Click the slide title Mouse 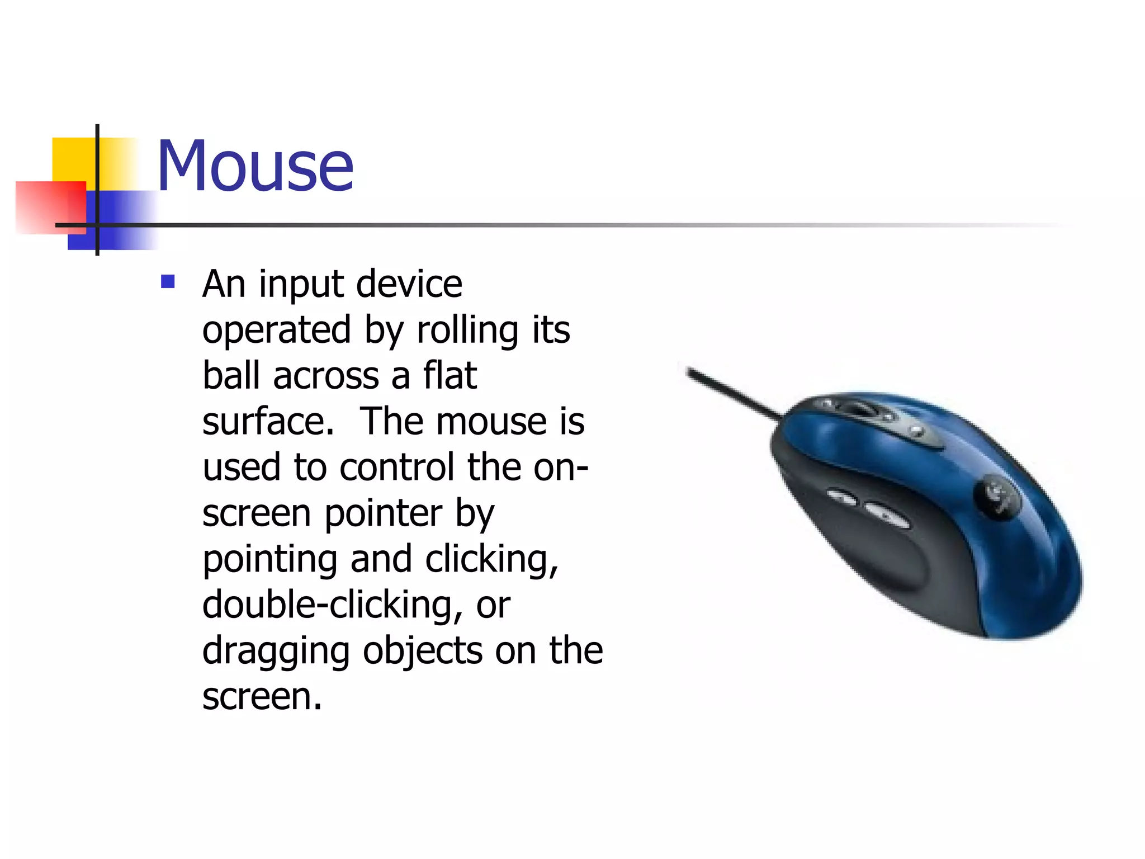pyautogui.click(x=255, y=167)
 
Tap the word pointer pyautogui.click(x=383, y=515)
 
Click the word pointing pyautogui.click(x=269, y=560)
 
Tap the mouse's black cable pyautogui.click(x=732, y=394)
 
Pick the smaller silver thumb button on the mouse pyautogui.click(x=842, y=496)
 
